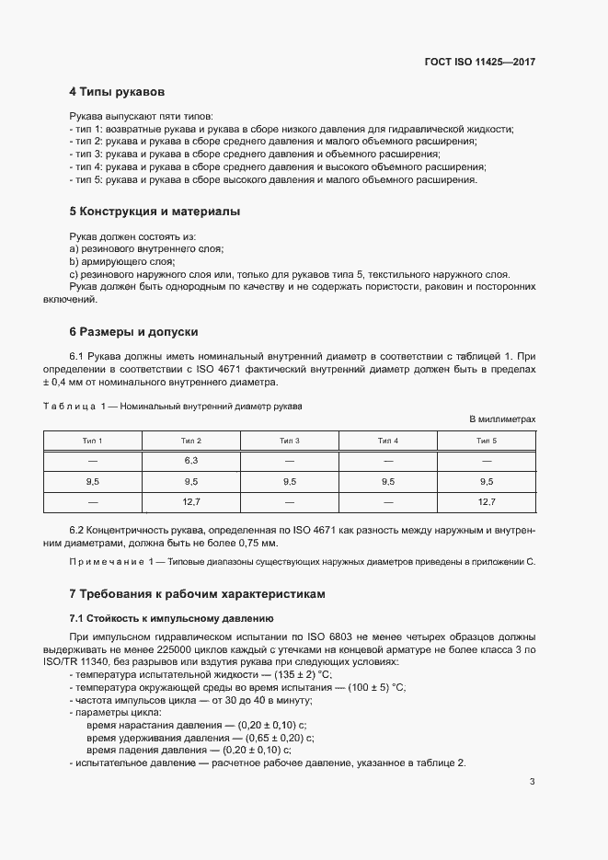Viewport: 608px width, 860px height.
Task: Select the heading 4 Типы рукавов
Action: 117,92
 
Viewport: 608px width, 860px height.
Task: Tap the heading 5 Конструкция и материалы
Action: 155,212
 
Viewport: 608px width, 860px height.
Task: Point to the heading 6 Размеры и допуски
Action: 133,331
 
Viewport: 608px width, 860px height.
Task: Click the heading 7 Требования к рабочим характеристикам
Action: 197,594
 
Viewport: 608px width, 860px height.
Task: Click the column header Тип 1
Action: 93,441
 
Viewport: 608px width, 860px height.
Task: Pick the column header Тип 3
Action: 290,441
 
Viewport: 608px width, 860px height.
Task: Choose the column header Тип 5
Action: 487,441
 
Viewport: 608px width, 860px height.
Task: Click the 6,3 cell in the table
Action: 191,460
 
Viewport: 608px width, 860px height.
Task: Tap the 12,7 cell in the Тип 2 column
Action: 191,502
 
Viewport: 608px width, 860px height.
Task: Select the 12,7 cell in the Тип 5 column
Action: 487,502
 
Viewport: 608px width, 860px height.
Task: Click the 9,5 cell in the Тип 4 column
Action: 388,481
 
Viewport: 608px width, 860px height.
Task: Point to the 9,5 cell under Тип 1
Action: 93,481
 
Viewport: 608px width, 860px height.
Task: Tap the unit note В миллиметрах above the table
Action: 502,419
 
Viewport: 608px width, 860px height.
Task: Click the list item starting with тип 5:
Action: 272,179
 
